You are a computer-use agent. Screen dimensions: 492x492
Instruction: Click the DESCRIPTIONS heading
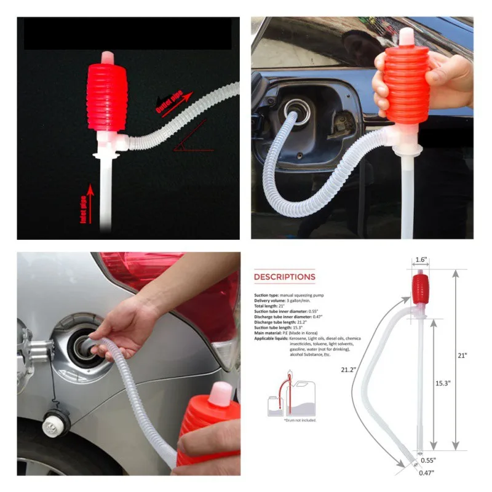pos(284,277)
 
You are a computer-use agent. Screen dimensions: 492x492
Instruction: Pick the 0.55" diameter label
pos(429,460)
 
